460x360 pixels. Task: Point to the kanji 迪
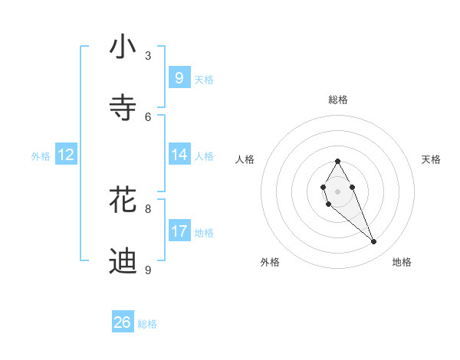(123, 260)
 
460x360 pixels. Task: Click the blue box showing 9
(179, 77)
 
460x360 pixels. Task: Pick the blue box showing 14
(179, 155)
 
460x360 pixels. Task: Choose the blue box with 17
(179, 231)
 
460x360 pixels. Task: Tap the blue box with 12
(66, 155)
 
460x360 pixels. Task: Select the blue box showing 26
(123, 322)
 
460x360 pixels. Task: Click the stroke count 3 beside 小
(148, 55)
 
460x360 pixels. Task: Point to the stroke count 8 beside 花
(148, 208)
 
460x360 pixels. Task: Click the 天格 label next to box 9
(204, 80)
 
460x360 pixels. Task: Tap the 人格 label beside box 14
(204, 156)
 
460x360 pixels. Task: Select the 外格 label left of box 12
(41, 156)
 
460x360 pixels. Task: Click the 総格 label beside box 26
(147, 324)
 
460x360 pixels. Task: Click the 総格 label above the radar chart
(337, 100)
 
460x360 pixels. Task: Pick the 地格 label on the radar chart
(402, 262)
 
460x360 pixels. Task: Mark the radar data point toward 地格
(374, 242)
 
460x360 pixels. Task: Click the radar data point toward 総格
(337, 161)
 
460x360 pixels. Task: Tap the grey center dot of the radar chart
(337, 190)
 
